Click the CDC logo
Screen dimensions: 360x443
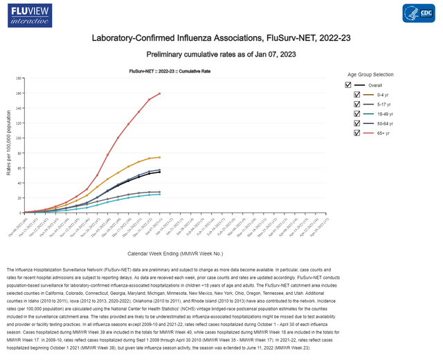(x=418, y=15)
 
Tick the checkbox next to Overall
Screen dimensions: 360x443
(x=349, y=84)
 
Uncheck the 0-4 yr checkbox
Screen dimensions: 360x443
(x=357, y=94)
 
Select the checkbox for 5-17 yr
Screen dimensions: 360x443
(x=357, y=104)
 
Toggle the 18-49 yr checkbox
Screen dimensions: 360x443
(x=357, y=114)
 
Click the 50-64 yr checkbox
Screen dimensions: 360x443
(x=357, y=123)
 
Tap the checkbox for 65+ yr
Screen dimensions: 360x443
(x=357, y=132)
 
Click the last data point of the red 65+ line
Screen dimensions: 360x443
(x=160, y=93)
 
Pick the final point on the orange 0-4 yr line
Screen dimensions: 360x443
(x=160, y=157)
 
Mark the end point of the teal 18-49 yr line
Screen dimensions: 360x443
(x=160, y=195)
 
